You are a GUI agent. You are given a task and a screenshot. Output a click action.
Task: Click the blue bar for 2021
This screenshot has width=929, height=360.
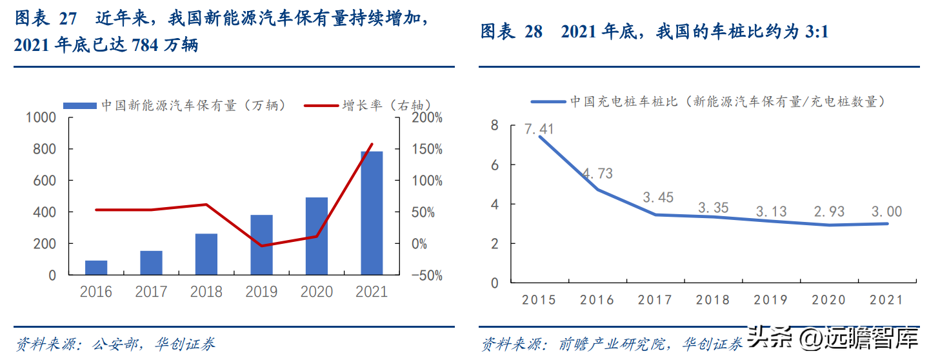tap(371, 213)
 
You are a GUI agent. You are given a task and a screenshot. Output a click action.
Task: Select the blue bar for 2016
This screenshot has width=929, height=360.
tap(95, 268)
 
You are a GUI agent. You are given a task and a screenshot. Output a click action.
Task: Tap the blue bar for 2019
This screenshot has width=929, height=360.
tap(261, 245)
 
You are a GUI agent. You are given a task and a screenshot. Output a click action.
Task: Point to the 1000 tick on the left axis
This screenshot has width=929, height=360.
tap(41, 117)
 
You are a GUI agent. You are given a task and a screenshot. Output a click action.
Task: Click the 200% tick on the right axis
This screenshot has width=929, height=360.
tap(426, 117)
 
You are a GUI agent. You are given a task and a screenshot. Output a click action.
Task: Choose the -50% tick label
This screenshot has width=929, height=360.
tap(426, 275)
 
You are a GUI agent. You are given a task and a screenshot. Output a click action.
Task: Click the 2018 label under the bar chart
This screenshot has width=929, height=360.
tap(206, 292)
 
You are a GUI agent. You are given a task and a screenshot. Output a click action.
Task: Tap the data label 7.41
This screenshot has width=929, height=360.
tap(539, 129)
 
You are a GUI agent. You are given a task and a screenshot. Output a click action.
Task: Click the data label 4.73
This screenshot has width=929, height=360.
tap(597, 174)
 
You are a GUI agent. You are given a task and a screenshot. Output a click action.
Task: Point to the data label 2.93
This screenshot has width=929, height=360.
tap(829, 212)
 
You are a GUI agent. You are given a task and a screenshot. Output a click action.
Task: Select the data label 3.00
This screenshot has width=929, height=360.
tap(886, 212)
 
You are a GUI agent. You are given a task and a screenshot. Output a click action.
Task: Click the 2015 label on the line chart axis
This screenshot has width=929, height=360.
tap(539, 300)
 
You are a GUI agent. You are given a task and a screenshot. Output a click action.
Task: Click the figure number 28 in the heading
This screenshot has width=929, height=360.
tap(533, 32)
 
